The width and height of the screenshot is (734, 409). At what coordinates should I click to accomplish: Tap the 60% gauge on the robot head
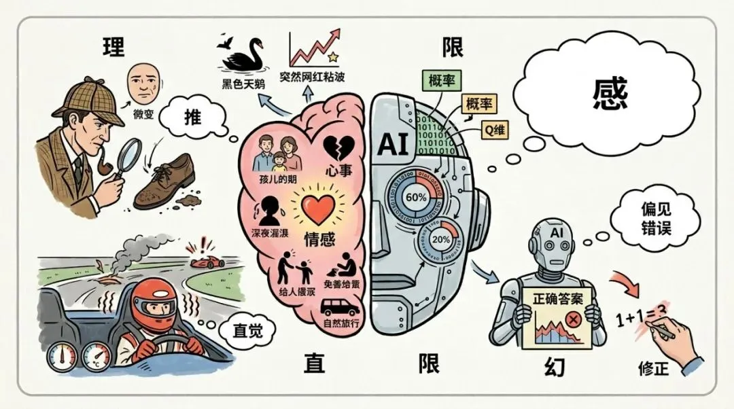[415, 197]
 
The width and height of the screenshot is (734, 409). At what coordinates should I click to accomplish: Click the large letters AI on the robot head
[395, 143]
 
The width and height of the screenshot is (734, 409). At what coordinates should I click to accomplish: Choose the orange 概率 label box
[478, 104]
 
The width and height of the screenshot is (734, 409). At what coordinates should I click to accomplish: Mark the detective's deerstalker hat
[88, 101]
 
